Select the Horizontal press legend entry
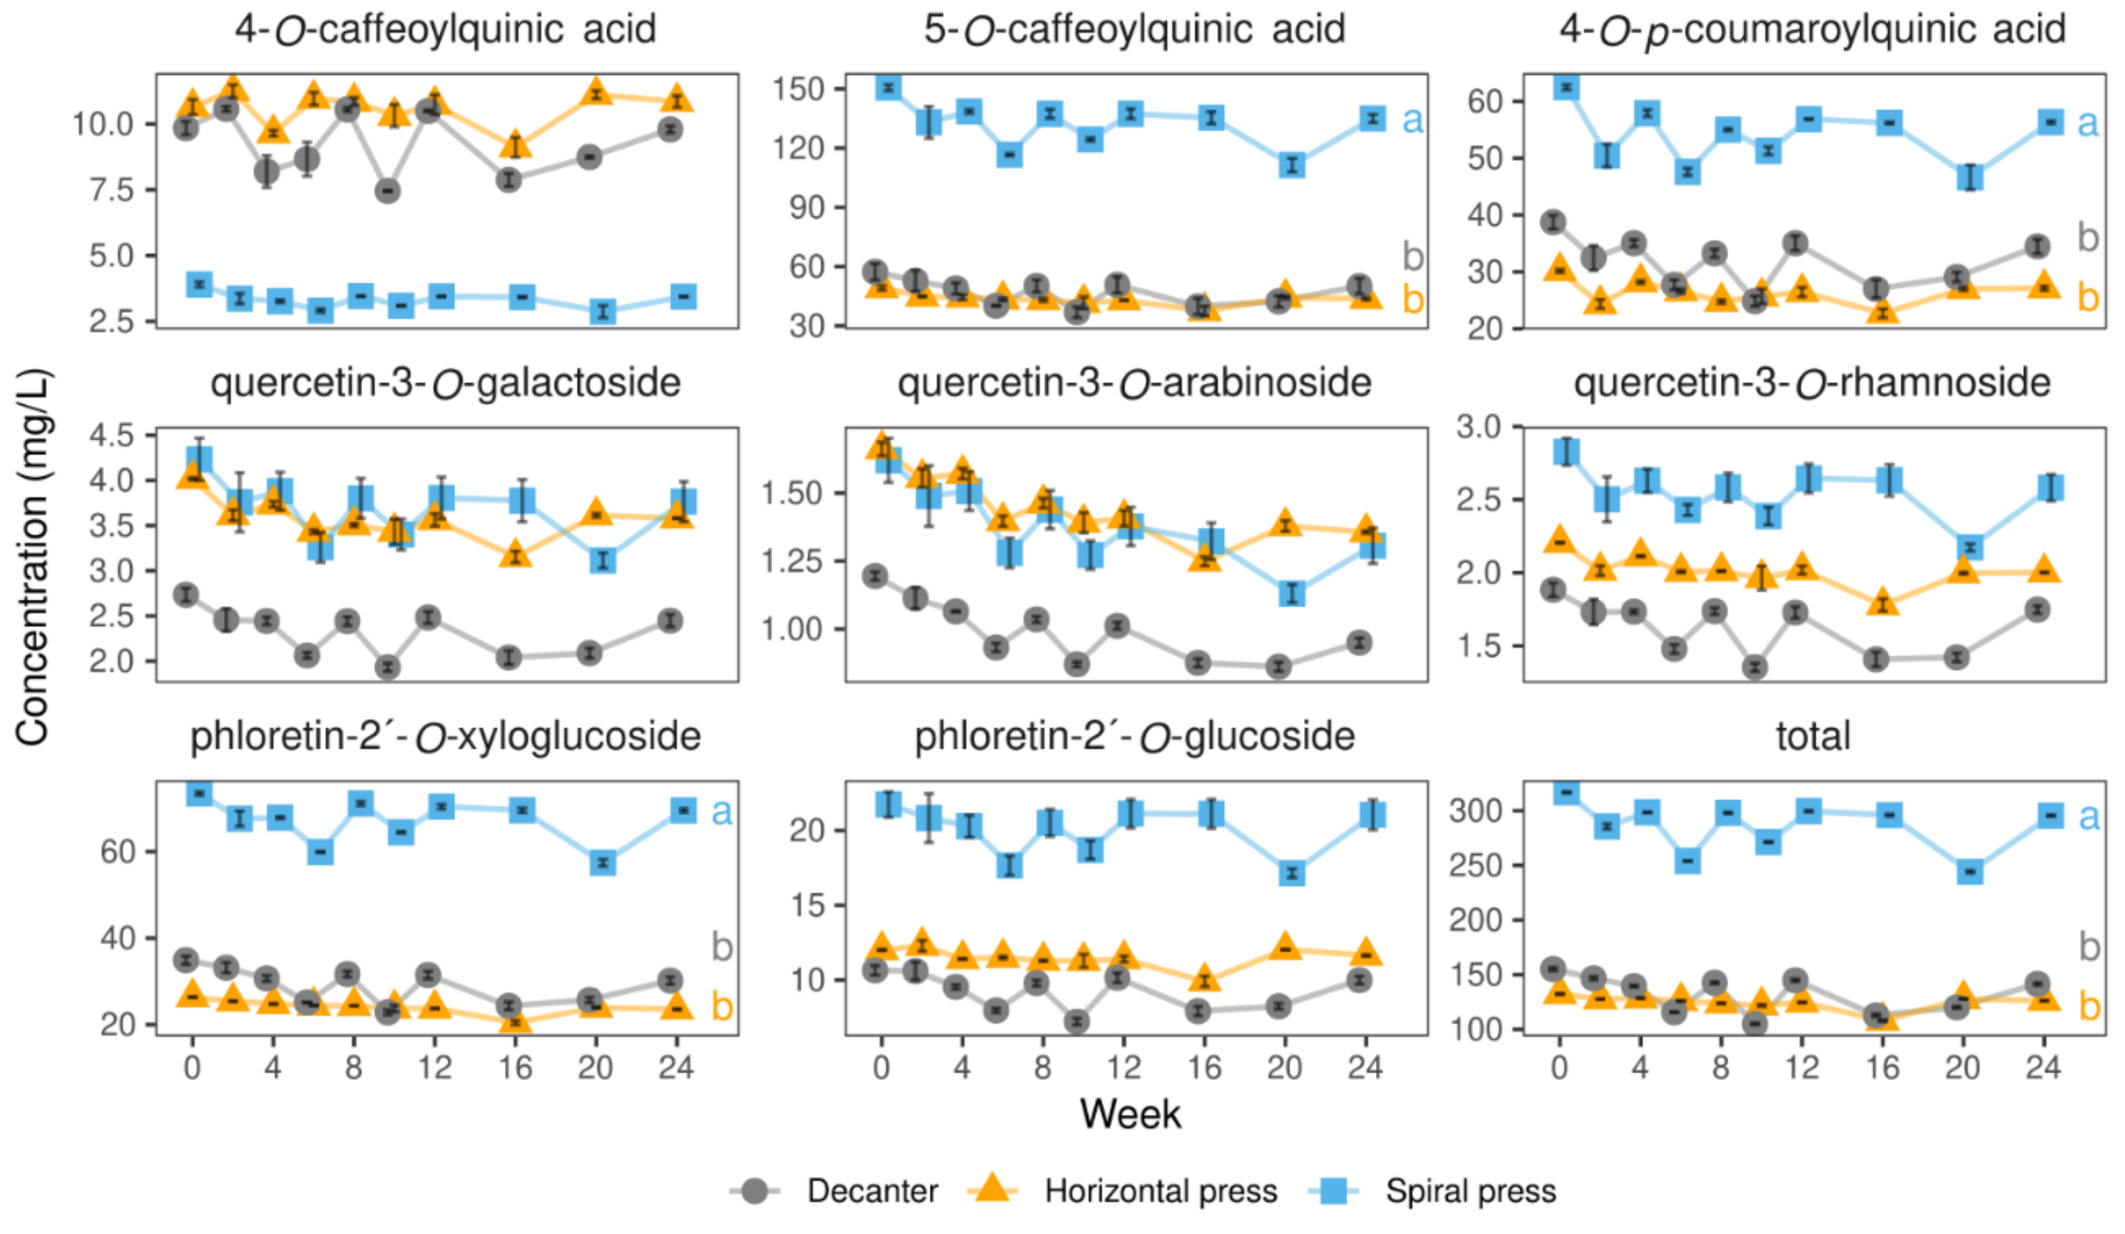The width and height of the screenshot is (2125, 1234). click(x=1160, y=1190)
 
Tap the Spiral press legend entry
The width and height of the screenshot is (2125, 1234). click(x=1470, y=1190)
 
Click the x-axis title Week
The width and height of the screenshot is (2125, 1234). click(x=1130, y=1114)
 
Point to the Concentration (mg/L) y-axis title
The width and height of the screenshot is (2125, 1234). click(x=32, y=556)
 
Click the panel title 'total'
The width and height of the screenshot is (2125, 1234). click(x=1813, y=736)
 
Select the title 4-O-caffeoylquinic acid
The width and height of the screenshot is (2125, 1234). click(x=445, y=29)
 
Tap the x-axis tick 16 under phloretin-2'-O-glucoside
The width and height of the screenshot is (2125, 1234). click(x=1204, y=1068)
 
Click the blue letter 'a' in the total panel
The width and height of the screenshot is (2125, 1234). click(x=2088, y=816)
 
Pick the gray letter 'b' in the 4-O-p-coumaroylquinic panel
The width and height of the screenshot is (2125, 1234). click(x=2088, y=238)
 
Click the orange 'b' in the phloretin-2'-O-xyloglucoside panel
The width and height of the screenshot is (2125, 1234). click(x=722, y=1005)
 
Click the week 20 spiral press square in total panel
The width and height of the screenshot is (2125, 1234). click(x=1970, y=872)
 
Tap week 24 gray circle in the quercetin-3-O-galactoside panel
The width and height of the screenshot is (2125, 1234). click(x=670, y=621)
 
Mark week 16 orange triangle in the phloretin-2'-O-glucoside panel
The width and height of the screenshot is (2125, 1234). click(x=1205, y=978)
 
